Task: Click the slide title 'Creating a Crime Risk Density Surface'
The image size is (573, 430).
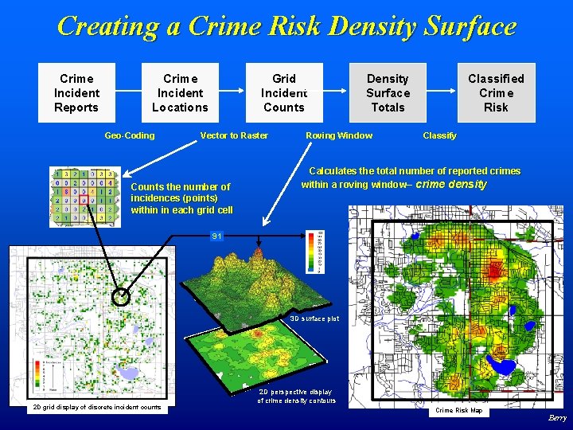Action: coord(286,26)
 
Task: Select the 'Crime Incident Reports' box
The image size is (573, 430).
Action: coord(76,92)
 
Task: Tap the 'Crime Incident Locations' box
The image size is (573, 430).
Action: coord(180,92)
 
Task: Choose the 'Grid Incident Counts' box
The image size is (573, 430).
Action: coord(284,92)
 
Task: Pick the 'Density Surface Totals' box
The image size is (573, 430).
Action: coord(388,92)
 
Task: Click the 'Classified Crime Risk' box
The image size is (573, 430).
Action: coord(496,92)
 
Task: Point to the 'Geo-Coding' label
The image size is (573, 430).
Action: coord(130,135)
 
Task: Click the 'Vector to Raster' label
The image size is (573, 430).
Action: coord(234,135)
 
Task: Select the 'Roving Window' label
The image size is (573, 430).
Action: coord(339,135)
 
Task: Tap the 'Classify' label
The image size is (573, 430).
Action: coord(439,135)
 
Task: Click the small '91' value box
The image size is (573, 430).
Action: coord(217,236)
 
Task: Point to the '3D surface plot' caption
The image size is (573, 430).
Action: coord(314,319)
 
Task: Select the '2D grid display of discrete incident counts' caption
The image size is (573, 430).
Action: coord(95,408)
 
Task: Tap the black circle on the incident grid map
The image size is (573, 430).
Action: coord(120,297)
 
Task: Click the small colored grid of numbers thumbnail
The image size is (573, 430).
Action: coord(85,197)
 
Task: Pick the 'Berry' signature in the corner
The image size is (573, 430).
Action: coord(557,417)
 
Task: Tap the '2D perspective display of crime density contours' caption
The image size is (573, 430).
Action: coord(296,396)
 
